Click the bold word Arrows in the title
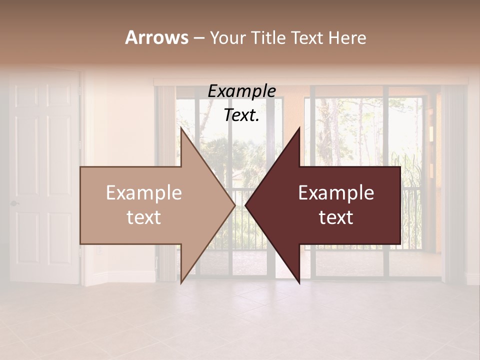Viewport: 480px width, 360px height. [156, 37]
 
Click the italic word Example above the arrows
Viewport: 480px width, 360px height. [241, 91]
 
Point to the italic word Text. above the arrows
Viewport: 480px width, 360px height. [241, 115]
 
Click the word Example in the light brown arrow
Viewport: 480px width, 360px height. [144, 193]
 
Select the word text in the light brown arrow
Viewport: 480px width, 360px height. [144, 217]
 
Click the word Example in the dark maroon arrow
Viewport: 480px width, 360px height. [336, 193]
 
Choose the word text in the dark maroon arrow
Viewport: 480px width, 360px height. [336, 217]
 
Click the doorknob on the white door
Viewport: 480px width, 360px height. [14, 203]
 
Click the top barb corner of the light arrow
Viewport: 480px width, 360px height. [181, 129]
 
